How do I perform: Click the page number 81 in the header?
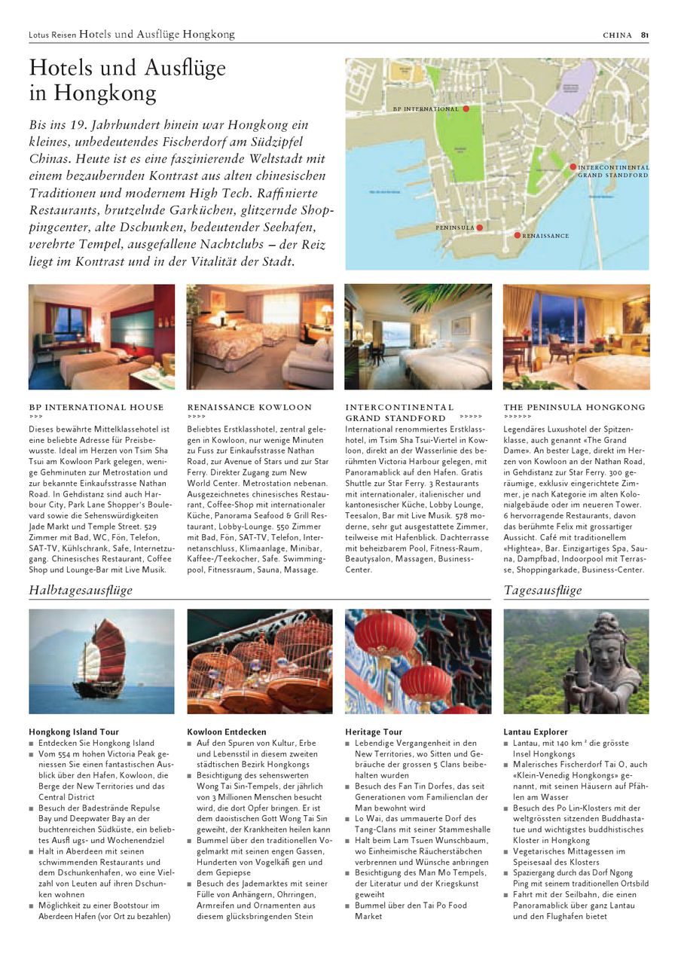pos(645,35)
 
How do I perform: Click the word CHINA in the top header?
pos(618,35)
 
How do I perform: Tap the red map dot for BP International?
pos(466,109)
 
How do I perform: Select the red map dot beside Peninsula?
pos(479,227)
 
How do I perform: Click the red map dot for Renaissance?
pos(517,236)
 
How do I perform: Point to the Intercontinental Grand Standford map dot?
pos(573,167)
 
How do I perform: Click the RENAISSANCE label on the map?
pos(545,236)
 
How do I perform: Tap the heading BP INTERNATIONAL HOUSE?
pos(96,408)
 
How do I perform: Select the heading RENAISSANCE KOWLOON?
pos(249,408)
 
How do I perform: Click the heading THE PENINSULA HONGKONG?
pos(574,408)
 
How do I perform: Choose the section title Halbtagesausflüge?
pos(81,590)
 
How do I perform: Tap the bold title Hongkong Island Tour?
pos(74,731)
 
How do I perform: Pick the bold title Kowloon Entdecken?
pos(227,731)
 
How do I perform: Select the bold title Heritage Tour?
pos(374,731)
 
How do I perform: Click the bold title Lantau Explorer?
pos(536,731)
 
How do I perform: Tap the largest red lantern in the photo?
pos(384,634)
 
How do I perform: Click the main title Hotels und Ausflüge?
pos(127,69)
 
